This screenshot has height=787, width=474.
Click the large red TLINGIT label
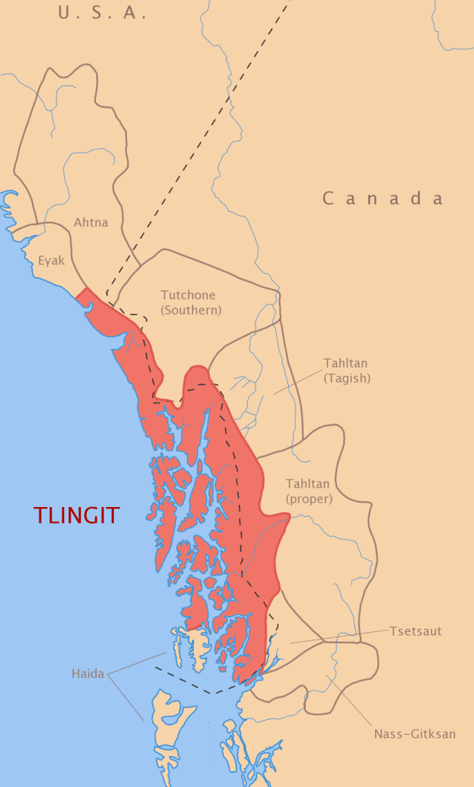(76, 515)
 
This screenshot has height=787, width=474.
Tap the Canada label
(383, 198)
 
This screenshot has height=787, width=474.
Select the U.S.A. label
(102, 13)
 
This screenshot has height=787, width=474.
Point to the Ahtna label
(91, 222)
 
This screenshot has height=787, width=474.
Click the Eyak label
(52, 261)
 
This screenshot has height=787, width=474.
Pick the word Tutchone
(191, 295)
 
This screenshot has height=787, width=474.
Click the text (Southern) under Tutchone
(191, 310)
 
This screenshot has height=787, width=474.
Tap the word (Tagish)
(347, 378)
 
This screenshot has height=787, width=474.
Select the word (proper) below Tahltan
(310, 499)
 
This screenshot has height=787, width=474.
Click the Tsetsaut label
(415, 631)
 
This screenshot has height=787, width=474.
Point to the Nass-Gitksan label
(414, 734)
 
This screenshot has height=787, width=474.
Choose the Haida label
(89, 674)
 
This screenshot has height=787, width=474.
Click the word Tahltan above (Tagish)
(345, 363)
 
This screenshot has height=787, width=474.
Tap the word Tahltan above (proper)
(308, 484)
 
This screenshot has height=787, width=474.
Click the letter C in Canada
(328, 198)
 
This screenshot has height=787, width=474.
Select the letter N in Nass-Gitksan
(378, 734)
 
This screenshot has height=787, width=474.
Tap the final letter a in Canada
(438, 199)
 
